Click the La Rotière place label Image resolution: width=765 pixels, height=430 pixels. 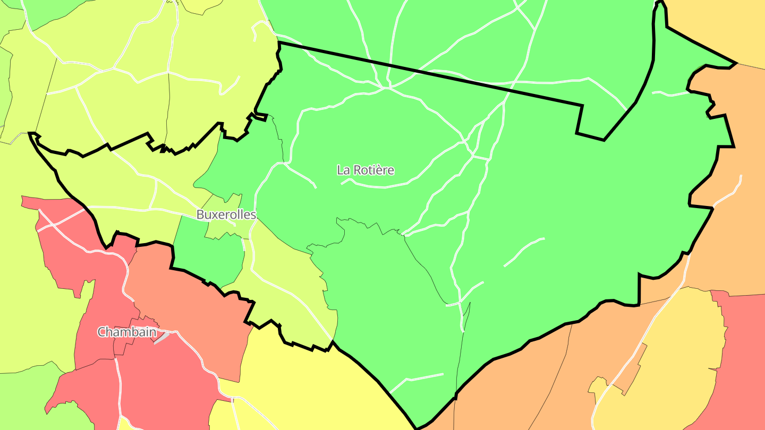(365, 170)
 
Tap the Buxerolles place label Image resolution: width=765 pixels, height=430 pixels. (226, 214)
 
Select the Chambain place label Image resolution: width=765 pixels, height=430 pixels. (126, 332)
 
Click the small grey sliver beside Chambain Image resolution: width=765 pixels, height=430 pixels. (161, 338)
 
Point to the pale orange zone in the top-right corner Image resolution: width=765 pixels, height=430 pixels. (728, 27)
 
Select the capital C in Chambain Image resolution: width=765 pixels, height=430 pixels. (101, 332)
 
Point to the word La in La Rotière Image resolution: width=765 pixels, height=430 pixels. (343, 170)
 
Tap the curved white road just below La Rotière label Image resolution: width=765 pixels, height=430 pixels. (382, 187)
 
